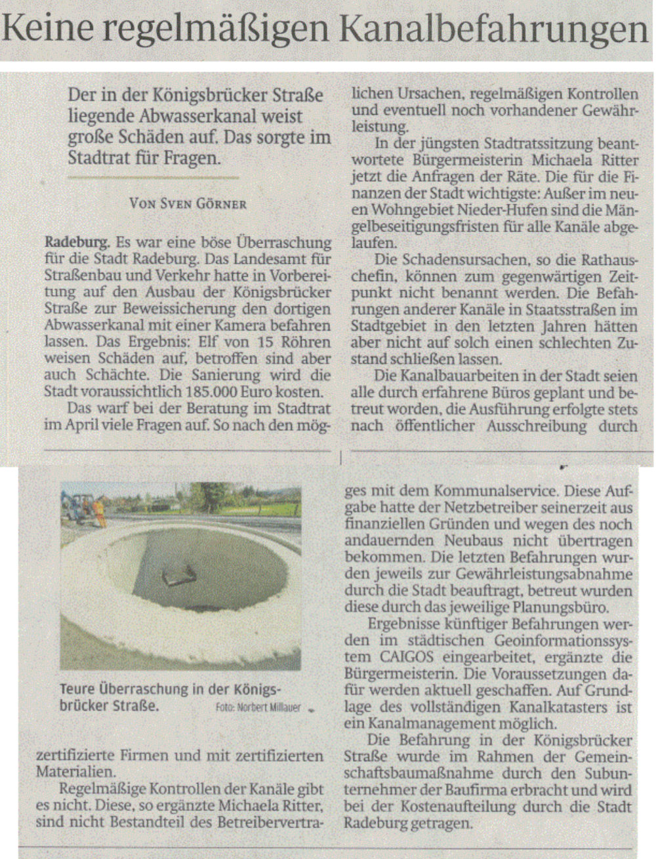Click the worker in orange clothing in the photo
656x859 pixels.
(98, 511)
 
